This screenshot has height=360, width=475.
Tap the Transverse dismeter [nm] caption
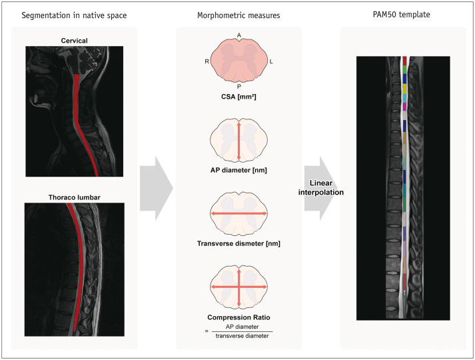(x=238, y=243)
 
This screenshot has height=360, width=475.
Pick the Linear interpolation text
(x=326, y=187)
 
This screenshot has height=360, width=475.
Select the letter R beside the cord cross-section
(x=207, y=61)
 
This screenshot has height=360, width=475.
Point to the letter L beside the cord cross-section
(x=271, y=61)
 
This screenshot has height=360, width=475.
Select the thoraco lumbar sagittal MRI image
(x=73, y=270)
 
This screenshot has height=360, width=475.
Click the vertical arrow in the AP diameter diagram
(x=238, y=141)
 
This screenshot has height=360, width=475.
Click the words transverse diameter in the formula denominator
(x=238, y=337)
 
